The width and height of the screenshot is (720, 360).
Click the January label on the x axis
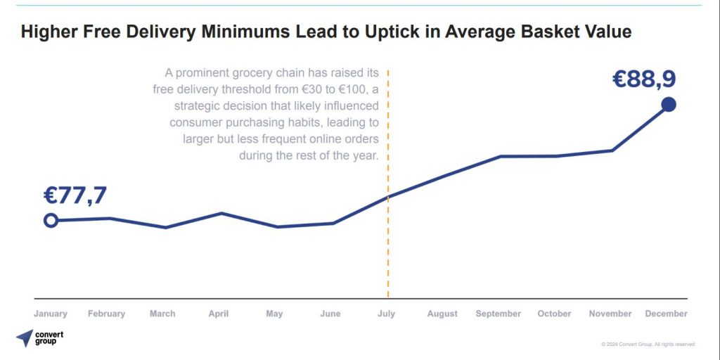pyautogui.click(x=51, y=314)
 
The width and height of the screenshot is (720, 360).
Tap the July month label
pyautogui.click(x=387, y=314)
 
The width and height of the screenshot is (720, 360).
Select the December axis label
pyautogui.click(x=667, y=314)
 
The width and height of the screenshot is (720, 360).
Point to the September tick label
pyautogui.click(x=499, y=314)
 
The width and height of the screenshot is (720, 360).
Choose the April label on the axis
pyautogui.click(x=219, y=314)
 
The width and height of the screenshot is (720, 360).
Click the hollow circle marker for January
pyautogui.click(x=51, y=221)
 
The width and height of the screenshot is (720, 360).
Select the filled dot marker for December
pyautogui.click(x=669, y=105)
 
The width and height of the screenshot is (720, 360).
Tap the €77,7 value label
pyautogui.click(x=75, y=195)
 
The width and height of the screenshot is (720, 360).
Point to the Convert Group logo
pyautogui.click(x=39, y=337)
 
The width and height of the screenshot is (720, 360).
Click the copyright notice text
pyautogui.click(x=648, y=344)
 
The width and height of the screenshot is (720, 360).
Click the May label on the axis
pyautogui.click(x=274, y=314)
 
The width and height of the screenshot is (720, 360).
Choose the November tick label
pyautogui.click(x=611, y=314)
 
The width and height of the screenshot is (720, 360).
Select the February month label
pyautogui.click(x=106, y=314)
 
